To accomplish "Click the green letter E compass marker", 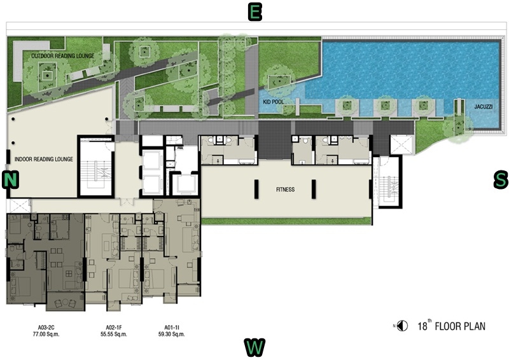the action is tap(255, 13).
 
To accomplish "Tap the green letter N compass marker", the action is tap(10, 179).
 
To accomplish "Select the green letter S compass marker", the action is tap(501, 179).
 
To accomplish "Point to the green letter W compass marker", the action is tap(254, 347).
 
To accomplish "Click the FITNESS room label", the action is tap(285, 190).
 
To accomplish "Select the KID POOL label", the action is tap(274, 102).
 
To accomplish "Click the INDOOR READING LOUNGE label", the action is tap(44, 159).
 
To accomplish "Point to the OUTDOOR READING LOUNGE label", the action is tap(62, 56).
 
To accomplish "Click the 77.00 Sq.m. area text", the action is tap(49, 334).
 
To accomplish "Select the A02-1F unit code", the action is tap(114, 328).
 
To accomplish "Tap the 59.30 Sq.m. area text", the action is tap(171, 334).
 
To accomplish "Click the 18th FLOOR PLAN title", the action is tap(452, 326).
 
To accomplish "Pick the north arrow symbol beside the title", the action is tap(403, 326).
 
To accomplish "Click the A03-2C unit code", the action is tap(49, 328).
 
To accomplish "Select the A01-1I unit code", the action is tap(171, 328).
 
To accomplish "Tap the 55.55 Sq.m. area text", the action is tap(114, 334).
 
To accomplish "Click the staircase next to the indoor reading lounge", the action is tap(96, 167).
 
